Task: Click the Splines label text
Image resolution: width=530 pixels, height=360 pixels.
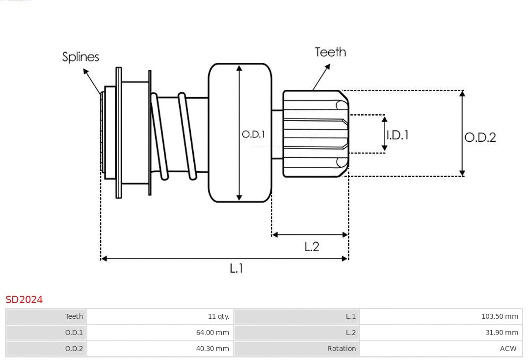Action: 80,57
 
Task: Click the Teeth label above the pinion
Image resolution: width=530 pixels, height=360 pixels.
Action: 330,52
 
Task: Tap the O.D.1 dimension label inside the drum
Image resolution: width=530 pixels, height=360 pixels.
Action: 253,134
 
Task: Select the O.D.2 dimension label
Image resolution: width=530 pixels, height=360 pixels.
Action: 480,137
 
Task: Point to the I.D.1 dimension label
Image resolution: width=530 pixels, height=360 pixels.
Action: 397,135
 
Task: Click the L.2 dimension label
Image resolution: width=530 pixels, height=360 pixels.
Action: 312,247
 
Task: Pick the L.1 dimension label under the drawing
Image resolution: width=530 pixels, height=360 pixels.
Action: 237,268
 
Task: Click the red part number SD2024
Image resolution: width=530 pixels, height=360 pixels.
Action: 24,300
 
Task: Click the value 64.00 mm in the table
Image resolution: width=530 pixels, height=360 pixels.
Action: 212,333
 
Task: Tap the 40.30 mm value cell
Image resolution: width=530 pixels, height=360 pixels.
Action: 212,349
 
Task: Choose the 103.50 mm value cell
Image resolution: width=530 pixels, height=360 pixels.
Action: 500,316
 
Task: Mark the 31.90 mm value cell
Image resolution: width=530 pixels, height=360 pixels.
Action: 502,333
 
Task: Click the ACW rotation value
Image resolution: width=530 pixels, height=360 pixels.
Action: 508,349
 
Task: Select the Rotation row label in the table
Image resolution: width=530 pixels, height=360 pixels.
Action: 342,349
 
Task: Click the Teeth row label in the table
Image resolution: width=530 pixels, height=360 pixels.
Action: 74,316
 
